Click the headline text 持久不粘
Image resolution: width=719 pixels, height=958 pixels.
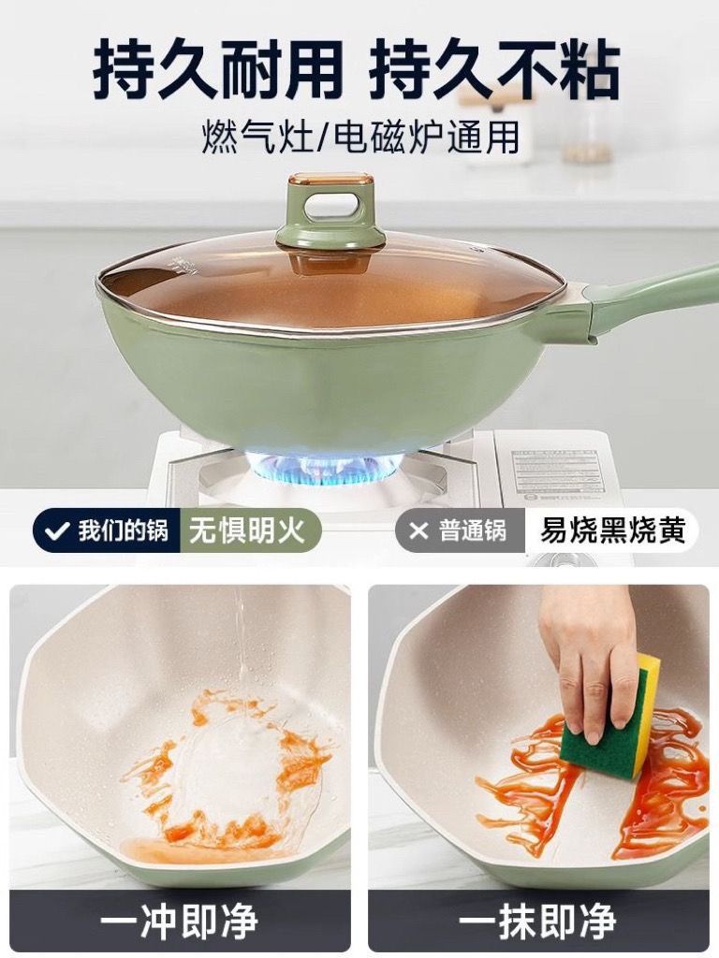click(x=494, y=67)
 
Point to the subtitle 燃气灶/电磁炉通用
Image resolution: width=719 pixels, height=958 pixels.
click(x=360, y=137)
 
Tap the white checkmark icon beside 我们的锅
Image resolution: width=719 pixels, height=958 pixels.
click(x=57, y=530)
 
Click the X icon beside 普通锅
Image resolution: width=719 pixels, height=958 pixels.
click(x=418, y=530)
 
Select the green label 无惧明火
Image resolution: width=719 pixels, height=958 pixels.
click(x=247, y=530)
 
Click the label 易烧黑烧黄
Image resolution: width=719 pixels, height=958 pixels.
click(x=611, y=530)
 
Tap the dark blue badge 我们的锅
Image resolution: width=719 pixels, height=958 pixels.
click(x=107, y=530)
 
